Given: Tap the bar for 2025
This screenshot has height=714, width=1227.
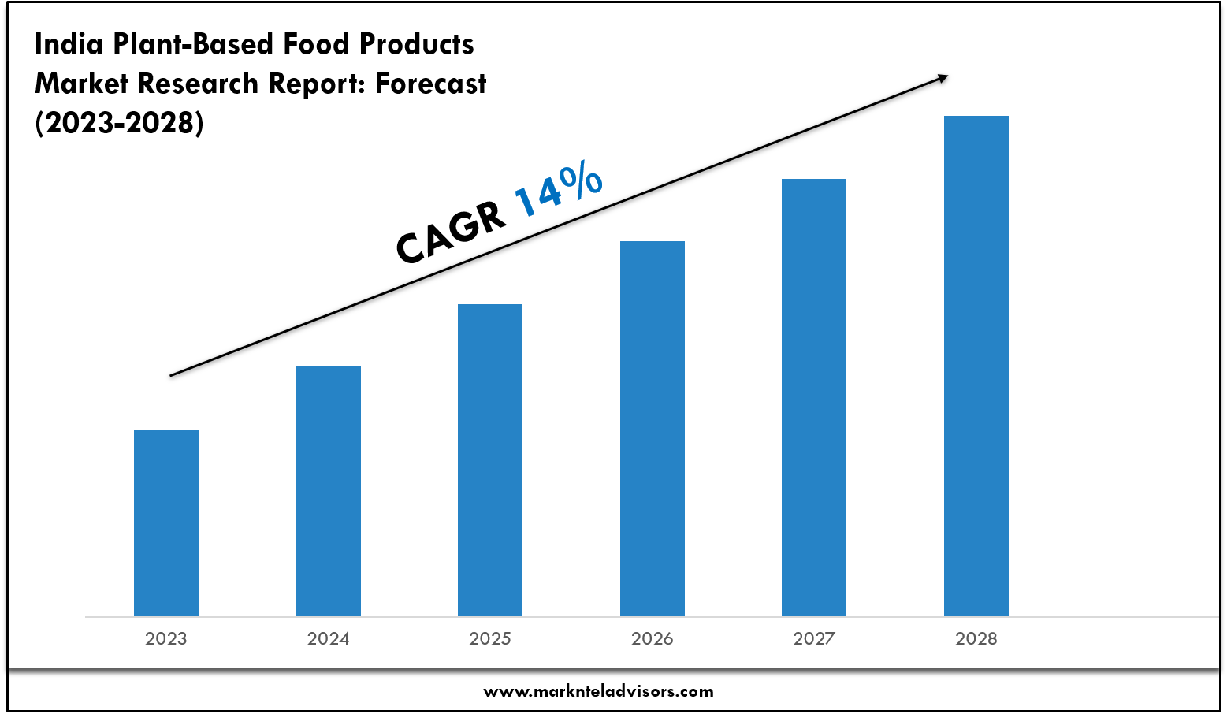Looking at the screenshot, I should (490, 460).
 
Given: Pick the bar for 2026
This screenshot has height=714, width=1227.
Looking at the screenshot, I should (653, 429).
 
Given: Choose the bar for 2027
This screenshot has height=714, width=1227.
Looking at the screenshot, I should (814, 397).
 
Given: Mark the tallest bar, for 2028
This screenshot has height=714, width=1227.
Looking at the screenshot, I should (976, 366).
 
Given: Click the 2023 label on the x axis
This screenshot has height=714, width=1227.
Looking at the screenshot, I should (166, 638).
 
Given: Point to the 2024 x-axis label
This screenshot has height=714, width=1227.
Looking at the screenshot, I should (328, 638).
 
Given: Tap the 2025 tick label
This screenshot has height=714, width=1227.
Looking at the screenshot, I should (490, 638).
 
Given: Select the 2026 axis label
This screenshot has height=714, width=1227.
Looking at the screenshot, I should (653, 638).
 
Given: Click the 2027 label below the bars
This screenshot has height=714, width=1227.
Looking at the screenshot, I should (814, 638).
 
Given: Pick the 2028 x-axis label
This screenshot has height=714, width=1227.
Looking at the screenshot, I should (976, 638).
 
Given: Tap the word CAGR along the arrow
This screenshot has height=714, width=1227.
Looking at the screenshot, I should (451, 233).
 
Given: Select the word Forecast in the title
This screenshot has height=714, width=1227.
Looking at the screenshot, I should (431, 84).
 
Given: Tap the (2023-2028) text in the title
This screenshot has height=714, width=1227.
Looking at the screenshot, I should (119, 123).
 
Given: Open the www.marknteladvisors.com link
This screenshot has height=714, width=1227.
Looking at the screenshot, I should (598, 691).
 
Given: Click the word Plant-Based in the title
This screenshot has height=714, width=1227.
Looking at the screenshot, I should (194, 44).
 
